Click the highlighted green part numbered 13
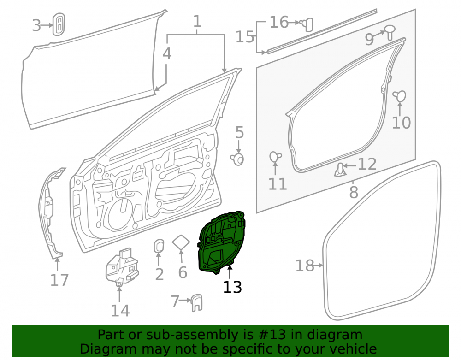pos(221,243)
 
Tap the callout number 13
pos(232,287)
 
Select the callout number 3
pos(36,25)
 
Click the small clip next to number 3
pos(58,24)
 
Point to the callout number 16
pos(279,22)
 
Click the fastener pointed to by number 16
pos(307,24)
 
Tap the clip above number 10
pos(399,96)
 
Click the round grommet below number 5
pos(237,159)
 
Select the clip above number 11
pos(275,156)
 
